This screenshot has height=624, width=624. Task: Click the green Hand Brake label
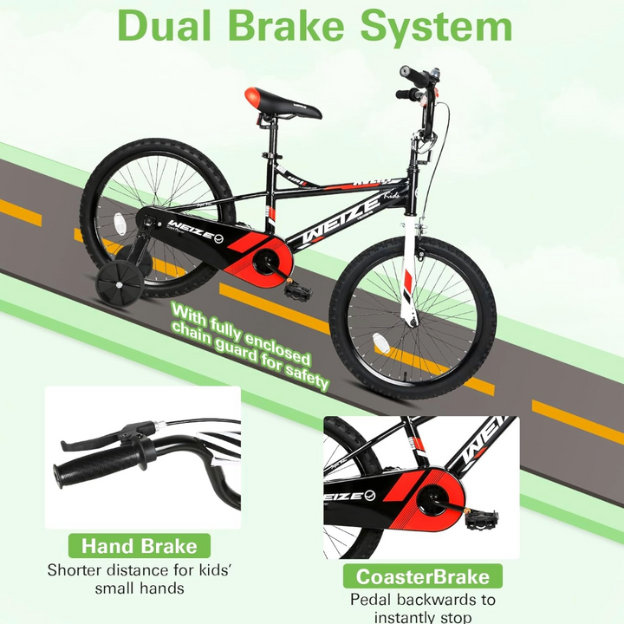[140, 546]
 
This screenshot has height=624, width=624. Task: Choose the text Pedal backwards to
[423, 600]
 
